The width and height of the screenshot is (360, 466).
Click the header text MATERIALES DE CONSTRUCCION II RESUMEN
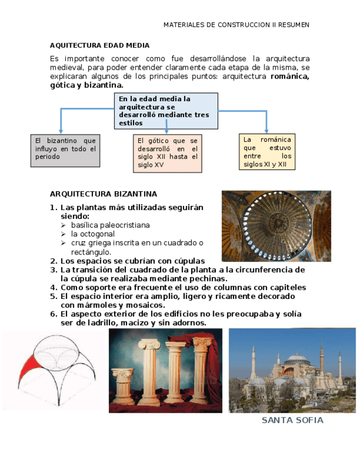236,25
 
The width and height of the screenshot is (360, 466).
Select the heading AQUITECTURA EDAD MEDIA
99,45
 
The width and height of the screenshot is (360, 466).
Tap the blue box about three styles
166,110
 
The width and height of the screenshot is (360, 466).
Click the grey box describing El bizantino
65,150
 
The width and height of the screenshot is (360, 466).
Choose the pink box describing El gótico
168,153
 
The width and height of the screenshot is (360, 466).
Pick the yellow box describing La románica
267,152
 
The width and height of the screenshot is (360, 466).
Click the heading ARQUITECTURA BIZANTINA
103,194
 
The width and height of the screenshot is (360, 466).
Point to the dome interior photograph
276,225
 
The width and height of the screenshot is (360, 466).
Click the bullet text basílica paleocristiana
110,225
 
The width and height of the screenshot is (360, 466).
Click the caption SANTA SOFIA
292,420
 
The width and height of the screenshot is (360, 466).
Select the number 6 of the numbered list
53,314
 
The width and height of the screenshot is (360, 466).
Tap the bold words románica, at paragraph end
290,76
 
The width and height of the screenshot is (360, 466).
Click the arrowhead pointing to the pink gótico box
166,132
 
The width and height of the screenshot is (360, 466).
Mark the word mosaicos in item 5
148,305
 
